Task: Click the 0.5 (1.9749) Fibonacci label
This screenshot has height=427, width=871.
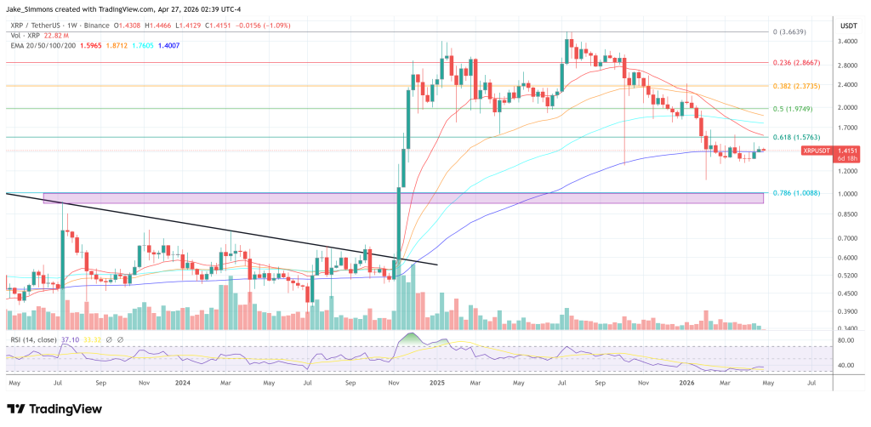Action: click(x=789, y=109)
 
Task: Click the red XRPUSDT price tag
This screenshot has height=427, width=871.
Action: click(x=817, y=151)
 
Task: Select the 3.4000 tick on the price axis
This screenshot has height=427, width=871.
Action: click(x=848, y=40)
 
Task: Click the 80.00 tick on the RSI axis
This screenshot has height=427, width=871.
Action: click(x=845, y=340)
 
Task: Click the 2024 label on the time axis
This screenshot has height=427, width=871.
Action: click(x=181, y=384)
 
